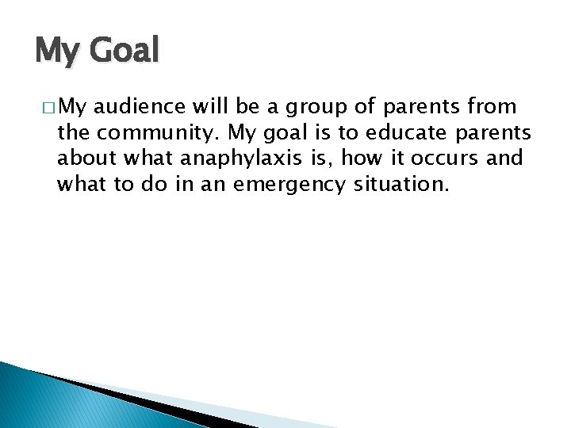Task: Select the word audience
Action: point(140,106)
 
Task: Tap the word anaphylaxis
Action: point(235,159)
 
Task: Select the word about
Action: point(86,159)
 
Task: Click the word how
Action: point(364,159)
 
